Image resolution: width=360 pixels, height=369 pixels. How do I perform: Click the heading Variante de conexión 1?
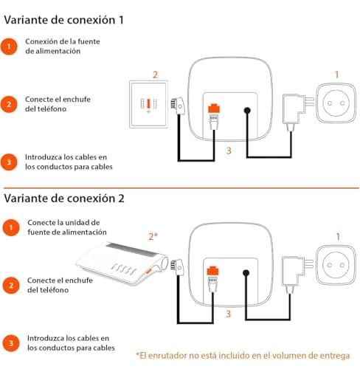(x=63, y=20)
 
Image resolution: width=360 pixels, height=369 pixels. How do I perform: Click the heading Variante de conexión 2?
(x=64, y=198)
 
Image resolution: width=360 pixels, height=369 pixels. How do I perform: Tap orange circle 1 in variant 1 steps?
(x=9, y=47)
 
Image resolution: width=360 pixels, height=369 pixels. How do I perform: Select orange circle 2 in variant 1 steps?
(x=9, y=103)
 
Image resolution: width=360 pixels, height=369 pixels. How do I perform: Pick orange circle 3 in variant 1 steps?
(x=9, y=162)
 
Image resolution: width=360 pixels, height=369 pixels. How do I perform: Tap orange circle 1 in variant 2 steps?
(x=9, y=228)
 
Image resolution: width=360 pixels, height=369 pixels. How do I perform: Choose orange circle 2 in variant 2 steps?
(x=9, y=284)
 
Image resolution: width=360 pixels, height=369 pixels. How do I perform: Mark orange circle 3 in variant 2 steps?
(x=9, y=342)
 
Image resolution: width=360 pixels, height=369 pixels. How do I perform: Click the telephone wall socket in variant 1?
(x=150, y=103)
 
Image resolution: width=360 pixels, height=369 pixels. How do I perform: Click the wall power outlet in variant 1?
(x=338, y=105)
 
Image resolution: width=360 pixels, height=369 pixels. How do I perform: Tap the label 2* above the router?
(x=153, y=236)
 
